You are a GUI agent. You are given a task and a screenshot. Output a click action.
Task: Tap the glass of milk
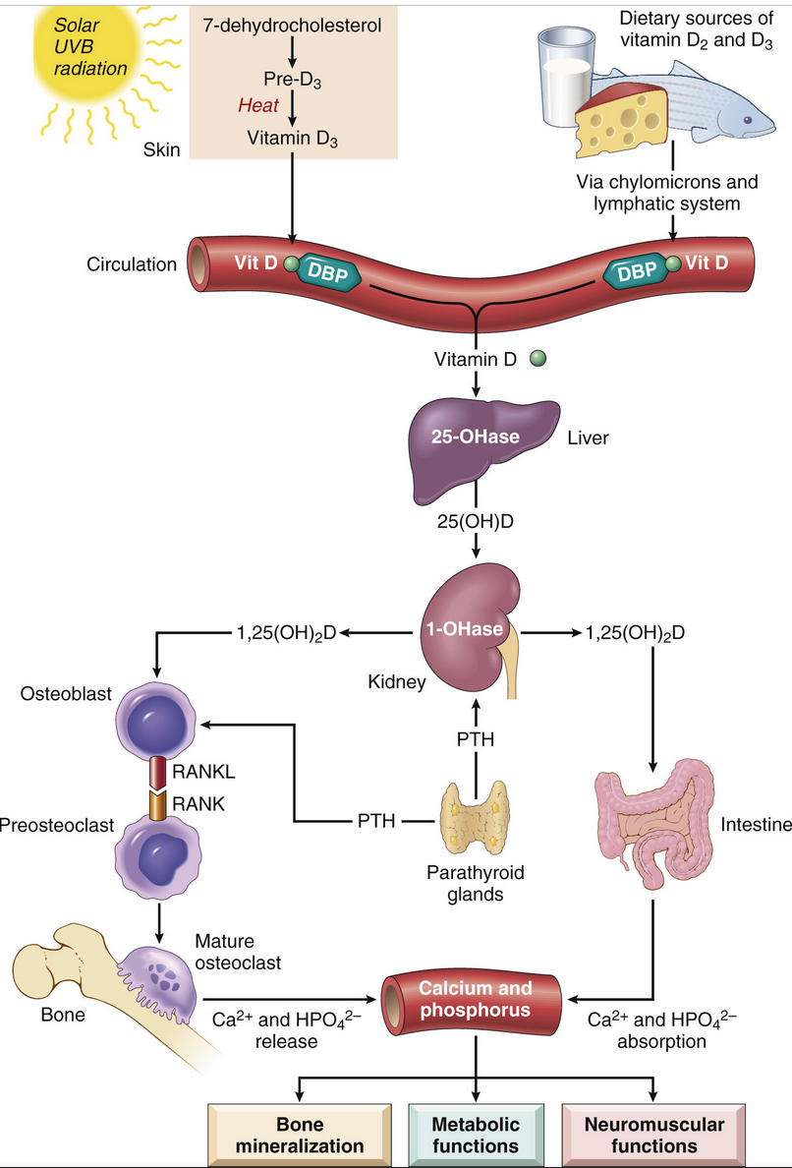(566, 76)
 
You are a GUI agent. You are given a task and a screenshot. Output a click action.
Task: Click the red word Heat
(258, 106)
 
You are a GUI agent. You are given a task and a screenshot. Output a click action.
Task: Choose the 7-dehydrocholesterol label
(292, 26)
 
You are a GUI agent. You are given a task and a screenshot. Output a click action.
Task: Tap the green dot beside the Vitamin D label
(537, 359)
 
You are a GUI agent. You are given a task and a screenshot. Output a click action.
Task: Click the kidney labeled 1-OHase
(468, 632)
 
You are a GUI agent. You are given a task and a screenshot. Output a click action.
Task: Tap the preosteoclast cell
(158, 855)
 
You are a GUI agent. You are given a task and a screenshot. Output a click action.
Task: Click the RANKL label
(203, 772)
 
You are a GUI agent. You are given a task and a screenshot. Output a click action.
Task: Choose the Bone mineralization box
(300, 1134)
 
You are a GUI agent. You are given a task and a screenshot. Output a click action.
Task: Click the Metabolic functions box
(476, 1134)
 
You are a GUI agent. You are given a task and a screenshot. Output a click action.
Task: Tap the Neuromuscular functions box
(653, 1134)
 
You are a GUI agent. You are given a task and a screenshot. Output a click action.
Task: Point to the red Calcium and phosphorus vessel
(475, 999)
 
